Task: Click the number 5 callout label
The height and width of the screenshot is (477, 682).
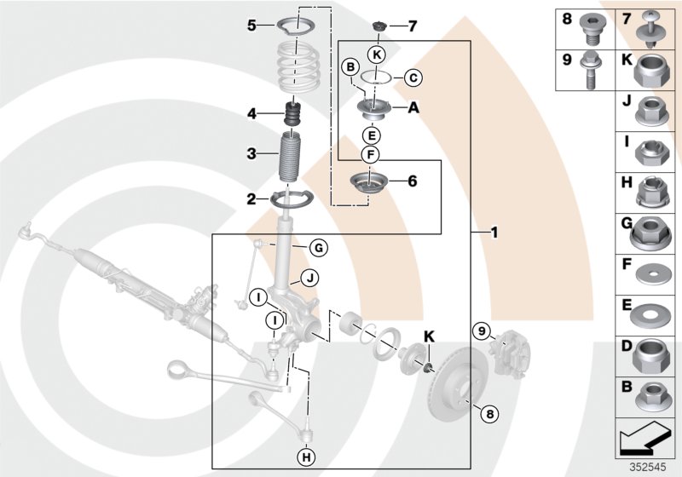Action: pos(251,26)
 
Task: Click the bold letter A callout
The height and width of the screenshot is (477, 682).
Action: pos(413,108)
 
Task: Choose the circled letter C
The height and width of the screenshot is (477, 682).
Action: pos(411,78)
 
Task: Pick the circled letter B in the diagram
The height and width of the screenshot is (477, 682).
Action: pos(349,66)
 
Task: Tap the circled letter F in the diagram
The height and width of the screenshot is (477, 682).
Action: pos(369,154)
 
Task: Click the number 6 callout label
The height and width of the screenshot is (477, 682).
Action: pos(412,181)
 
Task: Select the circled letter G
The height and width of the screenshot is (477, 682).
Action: pos(317,248)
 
